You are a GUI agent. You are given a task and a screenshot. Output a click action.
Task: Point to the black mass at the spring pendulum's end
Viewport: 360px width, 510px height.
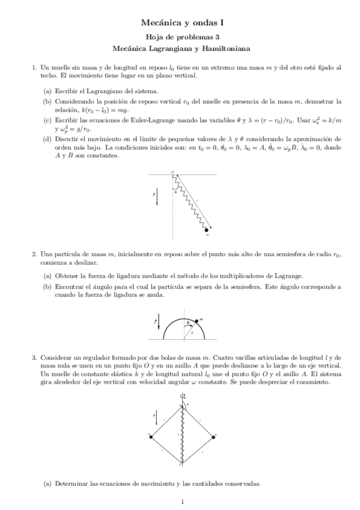(207, 230)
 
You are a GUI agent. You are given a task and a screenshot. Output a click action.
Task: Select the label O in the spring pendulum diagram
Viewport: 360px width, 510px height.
(172, 171)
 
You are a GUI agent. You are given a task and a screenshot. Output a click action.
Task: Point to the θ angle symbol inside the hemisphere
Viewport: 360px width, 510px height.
(187, 323)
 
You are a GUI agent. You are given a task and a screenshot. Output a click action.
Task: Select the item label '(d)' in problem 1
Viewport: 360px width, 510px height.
(47, 139)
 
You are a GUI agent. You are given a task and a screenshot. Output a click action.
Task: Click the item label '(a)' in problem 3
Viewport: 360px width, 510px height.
(47, 484)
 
